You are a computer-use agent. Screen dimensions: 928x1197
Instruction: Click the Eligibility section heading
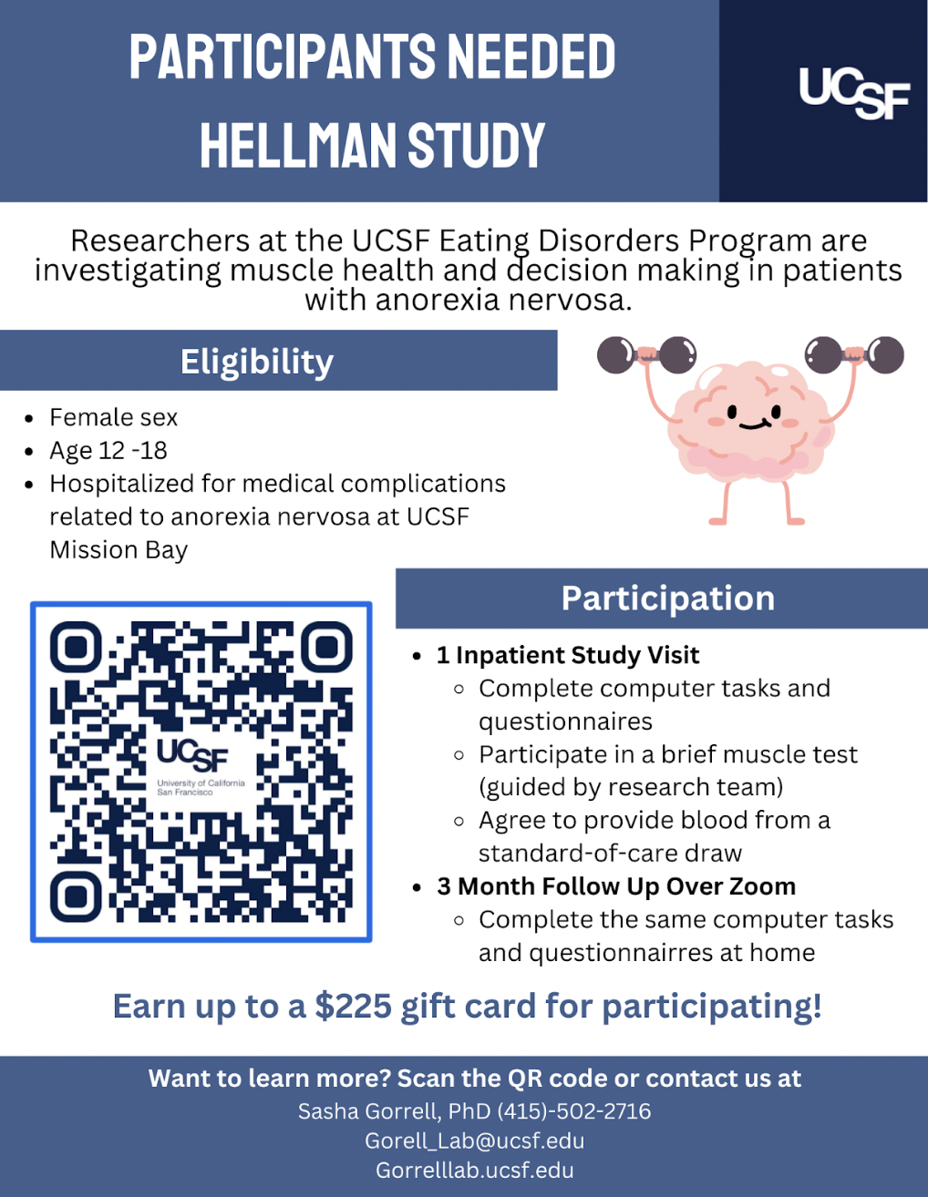[257, 362]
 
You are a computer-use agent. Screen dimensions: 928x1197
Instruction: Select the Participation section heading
[668, 598]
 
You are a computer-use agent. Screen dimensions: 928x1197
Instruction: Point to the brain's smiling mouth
[754, 425]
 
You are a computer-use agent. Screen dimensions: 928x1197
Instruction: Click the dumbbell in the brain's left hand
[646, 355]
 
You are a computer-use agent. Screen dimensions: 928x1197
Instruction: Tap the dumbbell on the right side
[854, 355]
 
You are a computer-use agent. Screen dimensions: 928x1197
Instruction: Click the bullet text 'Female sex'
[114, 417]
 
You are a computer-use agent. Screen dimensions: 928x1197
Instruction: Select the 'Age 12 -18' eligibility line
[108, 451]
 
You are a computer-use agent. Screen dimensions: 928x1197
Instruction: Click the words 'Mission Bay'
[119, 550]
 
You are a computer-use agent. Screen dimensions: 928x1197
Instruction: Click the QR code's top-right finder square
[326, 648]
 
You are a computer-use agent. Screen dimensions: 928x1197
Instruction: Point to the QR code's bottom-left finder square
[76, 896]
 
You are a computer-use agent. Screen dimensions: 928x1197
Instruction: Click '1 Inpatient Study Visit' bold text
[568, 656]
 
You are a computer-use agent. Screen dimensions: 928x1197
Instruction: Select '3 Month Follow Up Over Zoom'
[616, 887]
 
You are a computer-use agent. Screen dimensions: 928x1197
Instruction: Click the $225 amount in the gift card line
[353, 1007]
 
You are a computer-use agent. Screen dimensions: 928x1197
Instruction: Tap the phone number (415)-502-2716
[574, 1111]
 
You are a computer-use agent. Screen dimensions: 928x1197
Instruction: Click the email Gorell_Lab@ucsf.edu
[474, 1141]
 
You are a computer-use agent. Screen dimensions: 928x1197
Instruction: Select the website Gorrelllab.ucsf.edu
[474, 1170]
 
